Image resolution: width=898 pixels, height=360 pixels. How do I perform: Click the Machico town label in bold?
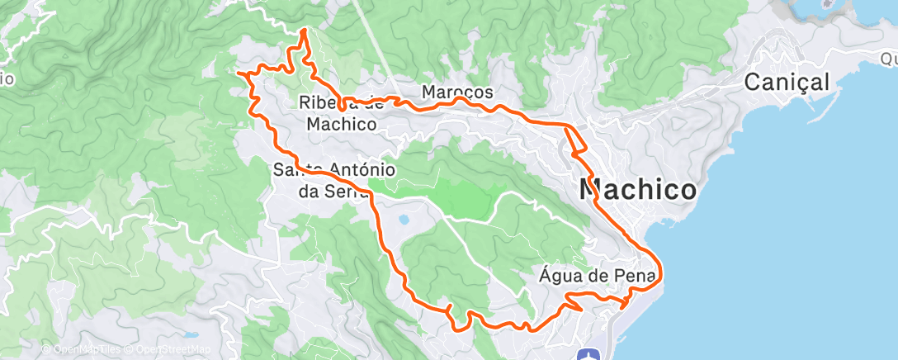point(638,189)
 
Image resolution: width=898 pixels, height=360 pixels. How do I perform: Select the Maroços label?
point(457,92)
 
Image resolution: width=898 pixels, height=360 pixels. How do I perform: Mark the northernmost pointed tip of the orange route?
point(304,30)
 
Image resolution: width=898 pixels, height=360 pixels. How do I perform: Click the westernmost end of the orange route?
point(239,73)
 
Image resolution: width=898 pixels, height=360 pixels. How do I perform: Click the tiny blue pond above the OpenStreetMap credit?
point(191,336)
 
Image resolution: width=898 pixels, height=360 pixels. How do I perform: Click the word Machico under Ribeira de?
point(341,124)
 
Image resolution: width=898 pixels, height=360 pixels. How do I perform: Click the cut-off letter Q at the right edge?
point(889,59)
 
